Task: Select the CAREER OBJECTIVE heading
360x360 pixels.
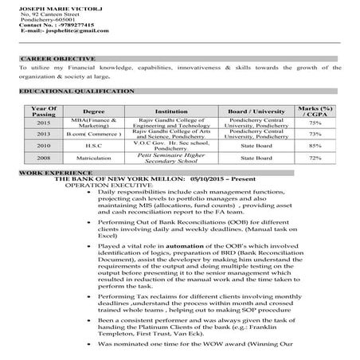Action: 57,59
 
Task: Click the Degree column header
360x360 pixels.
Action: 94,112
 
